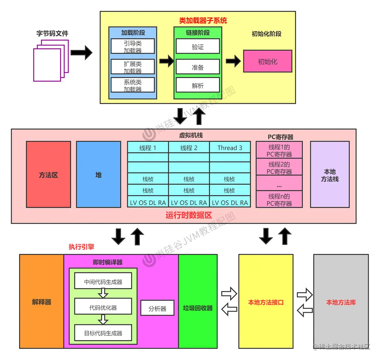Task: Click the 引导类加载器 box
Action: point(133,46)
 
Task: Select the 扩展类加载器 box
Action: point(133,67)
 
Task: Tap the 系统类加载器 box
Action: point(133,85)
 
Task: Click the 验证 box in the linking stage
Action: point(198,47)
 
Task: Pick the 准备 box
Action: point(198,67)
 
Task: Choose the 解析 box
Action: point(198,86)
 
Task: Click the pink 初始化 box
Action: point(267,62)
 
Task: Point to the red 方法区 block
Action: point(49,175)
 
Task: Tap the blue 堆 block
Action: point(99,175)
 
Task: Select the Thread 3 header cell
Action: point(230,148)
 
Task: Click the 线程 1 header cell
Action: point(148,148)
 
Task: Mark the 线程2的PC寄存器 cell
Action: point(279,168)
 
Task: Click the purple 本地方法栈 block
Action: point(330,175)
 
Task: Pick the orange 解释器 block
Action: point(42,302)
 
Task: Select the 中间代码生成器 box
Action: point(103,282)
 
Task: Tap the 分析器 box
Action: point(157,309)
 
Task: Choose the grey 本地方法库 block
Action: point(341,302)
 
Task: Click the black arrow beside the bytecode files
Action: point(81,53)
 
